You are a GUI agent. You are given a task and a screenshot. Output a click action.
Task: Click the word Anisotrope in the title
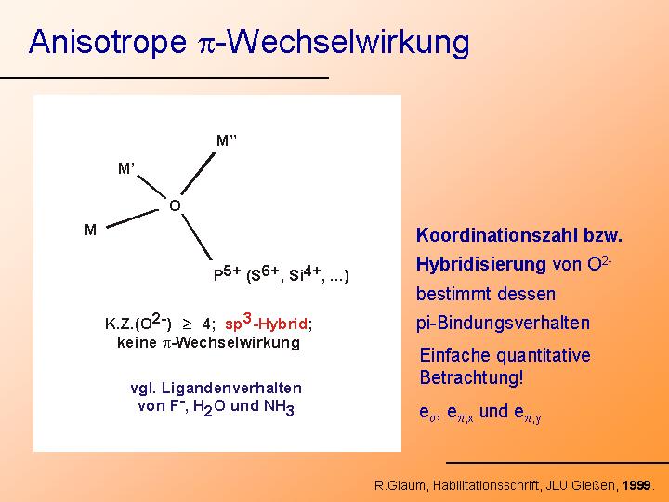click(x=108, y=42)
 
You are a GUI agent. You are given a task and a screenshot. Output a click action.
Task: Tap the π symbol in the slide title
click(x=207, y=44)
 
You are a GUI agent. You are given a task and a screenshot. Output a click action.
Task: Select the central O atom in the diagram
click(x=175, y=205)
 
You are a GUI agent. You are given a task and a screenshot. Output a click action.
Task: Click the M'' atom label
click(x=227, y=140)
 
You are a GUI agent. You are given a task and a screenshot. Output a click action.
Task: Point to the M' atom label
click(x=126, y=168)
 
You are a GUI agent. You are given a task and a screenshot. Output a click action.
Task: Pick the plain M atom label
click(x=90, y=231)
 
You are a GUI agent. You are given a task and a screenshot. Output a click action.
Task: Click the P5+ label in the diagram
click(x=228, y=273)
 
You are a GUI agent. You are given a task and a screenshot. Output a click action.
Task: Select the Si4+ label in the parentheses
click(x=305, y=273)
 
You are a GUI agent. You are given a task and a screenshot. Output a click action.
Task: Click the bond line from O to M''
click(x=199, y=173)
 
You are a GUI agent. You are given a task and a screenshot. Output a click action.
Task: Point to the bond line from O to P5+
click(x=197, y=237)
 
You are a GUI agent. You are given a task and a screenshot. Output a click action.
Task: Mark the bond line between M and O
click(x=132, y=218)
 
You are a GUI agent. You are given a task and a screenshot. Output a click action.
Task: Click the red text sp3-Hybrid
click(x=267, y=323)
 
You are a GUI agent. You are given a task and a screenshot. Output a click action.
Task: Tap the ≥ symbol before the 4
click(x=187, y=324)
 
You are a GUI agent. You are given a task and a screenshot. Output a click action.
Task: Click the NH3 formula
click(x=279, y=407)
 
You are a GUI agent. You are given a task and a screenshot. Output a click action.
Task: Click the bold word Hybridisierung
click(x=481, y=265)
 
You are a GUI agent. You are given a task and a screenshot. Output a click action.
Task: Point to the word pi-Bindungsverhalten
click(x=503, y=324)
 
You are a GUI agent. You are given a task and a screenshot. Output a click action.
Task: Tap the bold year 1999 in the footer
click(x=637, y=485)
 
